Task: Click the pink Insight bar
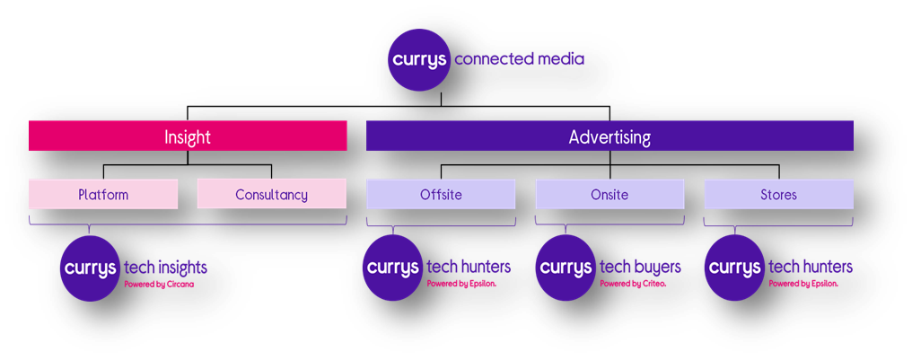[x=188, y=136]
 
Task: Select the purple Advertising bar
[x=609, y=136]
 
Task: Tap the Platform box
[x=103, y=194]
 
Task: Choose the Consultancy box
[x=272, y=194]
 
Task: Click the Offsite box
[x=441, y=194]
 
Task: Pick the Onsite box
[x=609, y=194]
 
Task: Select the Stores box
[x=779, y=194]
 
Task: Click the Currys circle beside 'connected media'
[x=419, y=60]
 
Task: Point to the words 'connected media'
[x=520, y=59]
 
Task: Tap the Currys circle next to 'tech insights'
[x=90, y=268]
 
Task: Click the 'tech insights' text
[x=166, y=268]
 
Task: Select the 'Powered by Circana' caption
[x=159, y=285]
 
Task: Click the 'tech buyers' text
[x=640, y=267]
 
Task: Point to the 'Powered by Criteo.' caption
[x=633, y=284]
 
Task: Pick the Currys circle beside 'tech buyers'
[x=566, y=268]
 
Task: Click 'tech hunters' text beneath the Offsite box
[x=469, y=267]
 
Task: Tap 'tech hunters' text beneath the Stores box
[x=811, y=267]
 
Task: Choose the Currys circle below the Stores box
[x=735, y=268]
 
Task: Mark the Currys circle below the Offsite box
[x=393, y=268]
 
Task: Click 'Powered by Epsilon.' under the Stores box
[x=803, y=284]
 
